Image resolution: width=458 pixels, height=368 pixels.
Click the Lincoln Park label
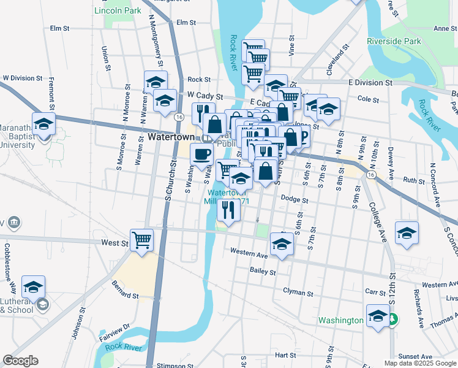tap(118, 11)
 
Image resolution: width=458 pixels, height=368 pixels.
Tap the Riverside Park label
tap(394, 41)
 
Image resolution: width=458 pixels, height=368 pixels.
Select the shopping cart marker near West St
tap(141, 240)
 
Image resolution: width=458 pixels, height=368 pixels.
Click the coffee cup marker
tap(202, 155)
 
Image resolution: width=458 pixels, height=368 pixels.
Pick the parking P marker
tap(302, 136)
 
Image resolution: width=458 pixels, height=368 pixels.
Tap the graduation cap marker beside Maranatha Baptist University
tap(44, 125)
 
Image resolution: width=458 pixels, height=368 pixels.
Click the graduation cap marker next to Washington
tap(378, 316)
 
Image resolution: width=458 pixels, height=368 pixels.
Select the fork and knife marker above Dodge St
tap(228, 210)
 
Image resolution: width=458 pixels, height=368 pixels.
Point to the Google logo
tap(20, 361)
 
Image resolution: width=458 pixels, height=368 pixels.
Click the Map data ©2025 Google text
tap(419, 363)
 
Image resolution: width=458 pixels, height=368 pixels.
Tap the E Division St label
tap(370, 82)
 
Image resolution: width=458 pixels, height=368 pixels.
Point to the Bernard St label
tap(125, 291)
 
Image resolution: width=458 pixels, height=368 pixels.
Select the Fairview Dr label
tap(114, 332)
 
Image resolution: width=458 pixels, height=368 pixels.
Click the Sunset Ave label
tap(415, 356)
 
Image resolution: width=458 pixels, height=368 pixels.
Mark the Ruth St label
tap(413, 180)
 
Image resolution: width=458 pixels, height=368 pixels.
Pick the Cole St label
tap(367, 98)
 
